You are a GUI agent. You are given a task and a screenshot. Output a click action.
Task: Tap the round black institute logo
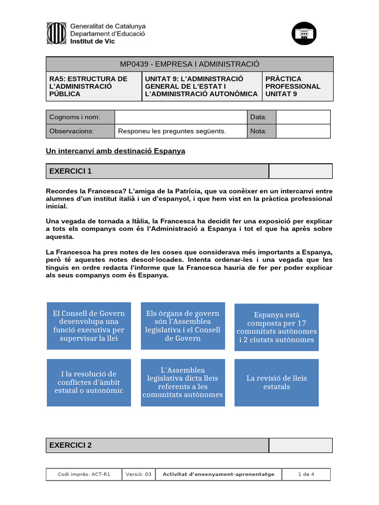point(304,34)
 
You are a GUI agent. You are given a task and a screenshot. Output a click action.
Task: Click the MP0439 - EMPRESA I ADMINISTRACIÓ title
point(189,64)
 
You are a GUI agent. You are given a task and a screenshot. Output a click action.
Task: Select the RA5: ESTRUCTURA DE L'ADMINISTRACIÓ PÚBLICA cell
point(94,86)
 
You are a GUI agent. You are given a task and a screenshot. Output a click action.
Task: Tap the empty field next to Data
point(303,117)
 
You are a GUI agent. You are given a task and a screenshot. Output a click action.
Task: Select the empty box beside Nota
point(303,131)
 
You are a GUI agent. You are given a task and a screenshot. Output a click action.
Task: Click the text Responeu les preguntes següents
point(172,131)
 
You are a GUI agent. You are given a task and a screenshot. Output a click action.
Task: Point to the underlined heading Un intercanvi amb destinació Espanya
point(115,151)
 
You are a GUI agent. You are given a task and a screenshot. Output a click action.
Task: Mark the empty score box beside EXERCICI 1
point(300,171)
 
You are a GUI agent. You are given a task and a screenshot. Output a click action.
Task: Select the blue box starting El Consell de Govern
point(89,326)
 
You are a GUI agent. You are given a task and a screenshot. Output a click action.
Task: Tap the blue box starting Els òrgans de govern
point(183,326)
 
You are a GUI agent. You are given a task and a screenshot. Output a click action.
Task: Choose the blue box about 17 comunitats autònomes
point(276,327)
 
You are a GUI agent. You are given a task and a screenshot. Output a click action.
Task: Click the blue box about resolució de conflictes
point(89,382)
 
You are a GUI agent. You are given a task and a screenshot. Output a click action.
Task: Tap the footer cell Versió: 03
point(139,474)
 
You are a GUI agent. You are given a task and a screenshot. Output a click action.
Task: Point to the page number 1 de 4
point(306,474)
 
